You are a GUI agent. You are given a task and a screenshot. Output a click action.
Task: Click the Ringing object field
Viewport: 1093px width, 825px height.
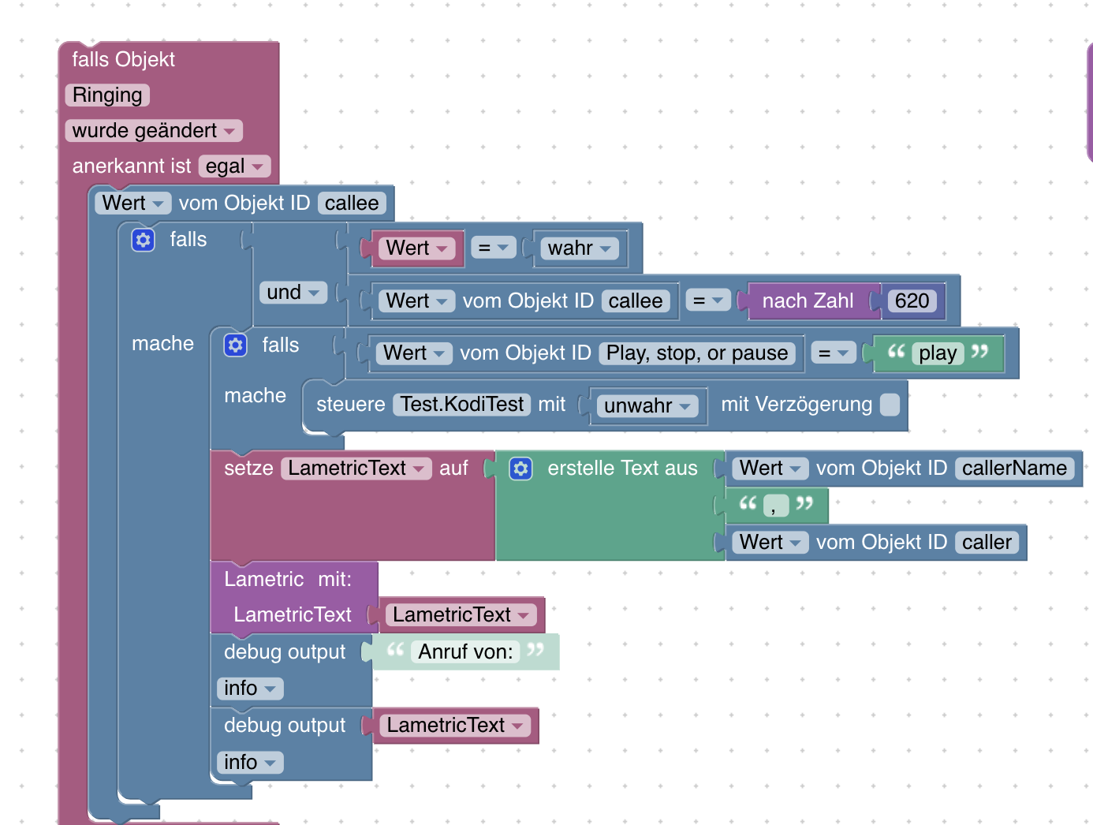[107, 95]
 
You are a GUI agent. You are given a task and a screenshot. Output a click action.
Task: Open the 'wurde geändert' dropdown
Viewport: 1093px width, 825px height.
[154, 131]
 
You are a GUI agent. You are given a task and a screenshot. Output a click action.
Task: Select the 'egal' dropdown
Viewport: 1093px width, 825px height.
[234, 166]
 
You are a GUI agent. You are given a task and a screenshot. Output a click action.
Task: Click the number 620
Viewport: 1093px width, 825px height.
[912, 301]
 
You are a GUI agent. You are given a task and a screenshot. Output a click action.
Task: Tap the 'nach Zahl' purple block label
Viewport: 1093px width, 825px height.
[808, 301]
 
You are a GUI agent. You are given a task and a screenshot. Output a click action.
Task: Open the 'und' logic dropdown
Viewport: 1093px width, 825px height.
[293, 293]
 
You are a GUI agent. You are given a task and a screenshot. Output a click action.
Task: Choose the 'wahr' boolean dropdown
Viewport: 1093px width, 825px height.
[580, 248]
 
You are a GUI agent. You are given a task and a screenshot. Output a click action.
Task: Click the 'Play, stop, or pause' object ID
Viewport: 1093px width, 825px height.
[697, 353]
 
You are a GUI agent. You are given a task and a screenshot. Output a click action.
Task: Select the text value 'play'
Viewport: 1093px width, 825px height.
[938, 353]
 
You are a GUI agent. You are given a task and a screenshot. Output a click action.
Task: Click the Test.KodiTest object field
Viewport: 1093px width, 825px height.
[461, 405]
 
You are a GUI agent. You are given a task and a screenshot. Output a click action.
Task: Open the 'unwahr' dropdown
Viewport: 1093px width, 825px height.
[647, 405]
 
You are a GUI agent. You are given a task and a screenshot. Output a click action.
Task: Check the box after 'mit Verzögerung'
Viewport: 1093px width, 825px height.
[890, 405]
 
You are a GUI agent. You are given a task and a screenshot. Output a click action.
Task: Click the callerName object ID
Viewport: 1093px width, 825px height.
[1014, 468]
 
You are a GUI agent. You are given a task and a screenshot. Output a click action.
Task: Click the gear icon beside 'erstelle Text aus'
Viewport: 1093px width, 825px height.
[520, 468]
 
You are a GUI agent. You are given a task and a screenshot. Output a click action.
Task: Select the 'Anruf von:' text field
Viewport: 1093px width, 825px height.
[465, 651]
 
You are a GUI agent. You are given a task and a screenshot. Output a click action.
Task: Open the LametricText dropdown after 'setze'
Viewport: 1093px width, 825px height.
[356, 468]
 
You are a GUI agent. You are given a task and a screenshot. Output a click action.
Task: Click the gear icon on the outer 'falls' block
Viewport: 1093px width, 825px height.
[143, 240]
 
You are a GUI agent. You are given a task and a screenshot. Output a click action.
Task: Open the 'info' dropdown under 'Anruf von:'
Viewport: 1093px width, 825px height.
[250, 689]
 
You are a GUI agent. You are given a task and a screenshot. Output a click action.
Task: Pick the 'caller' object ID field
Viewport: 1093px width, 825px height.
[987, 542]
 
